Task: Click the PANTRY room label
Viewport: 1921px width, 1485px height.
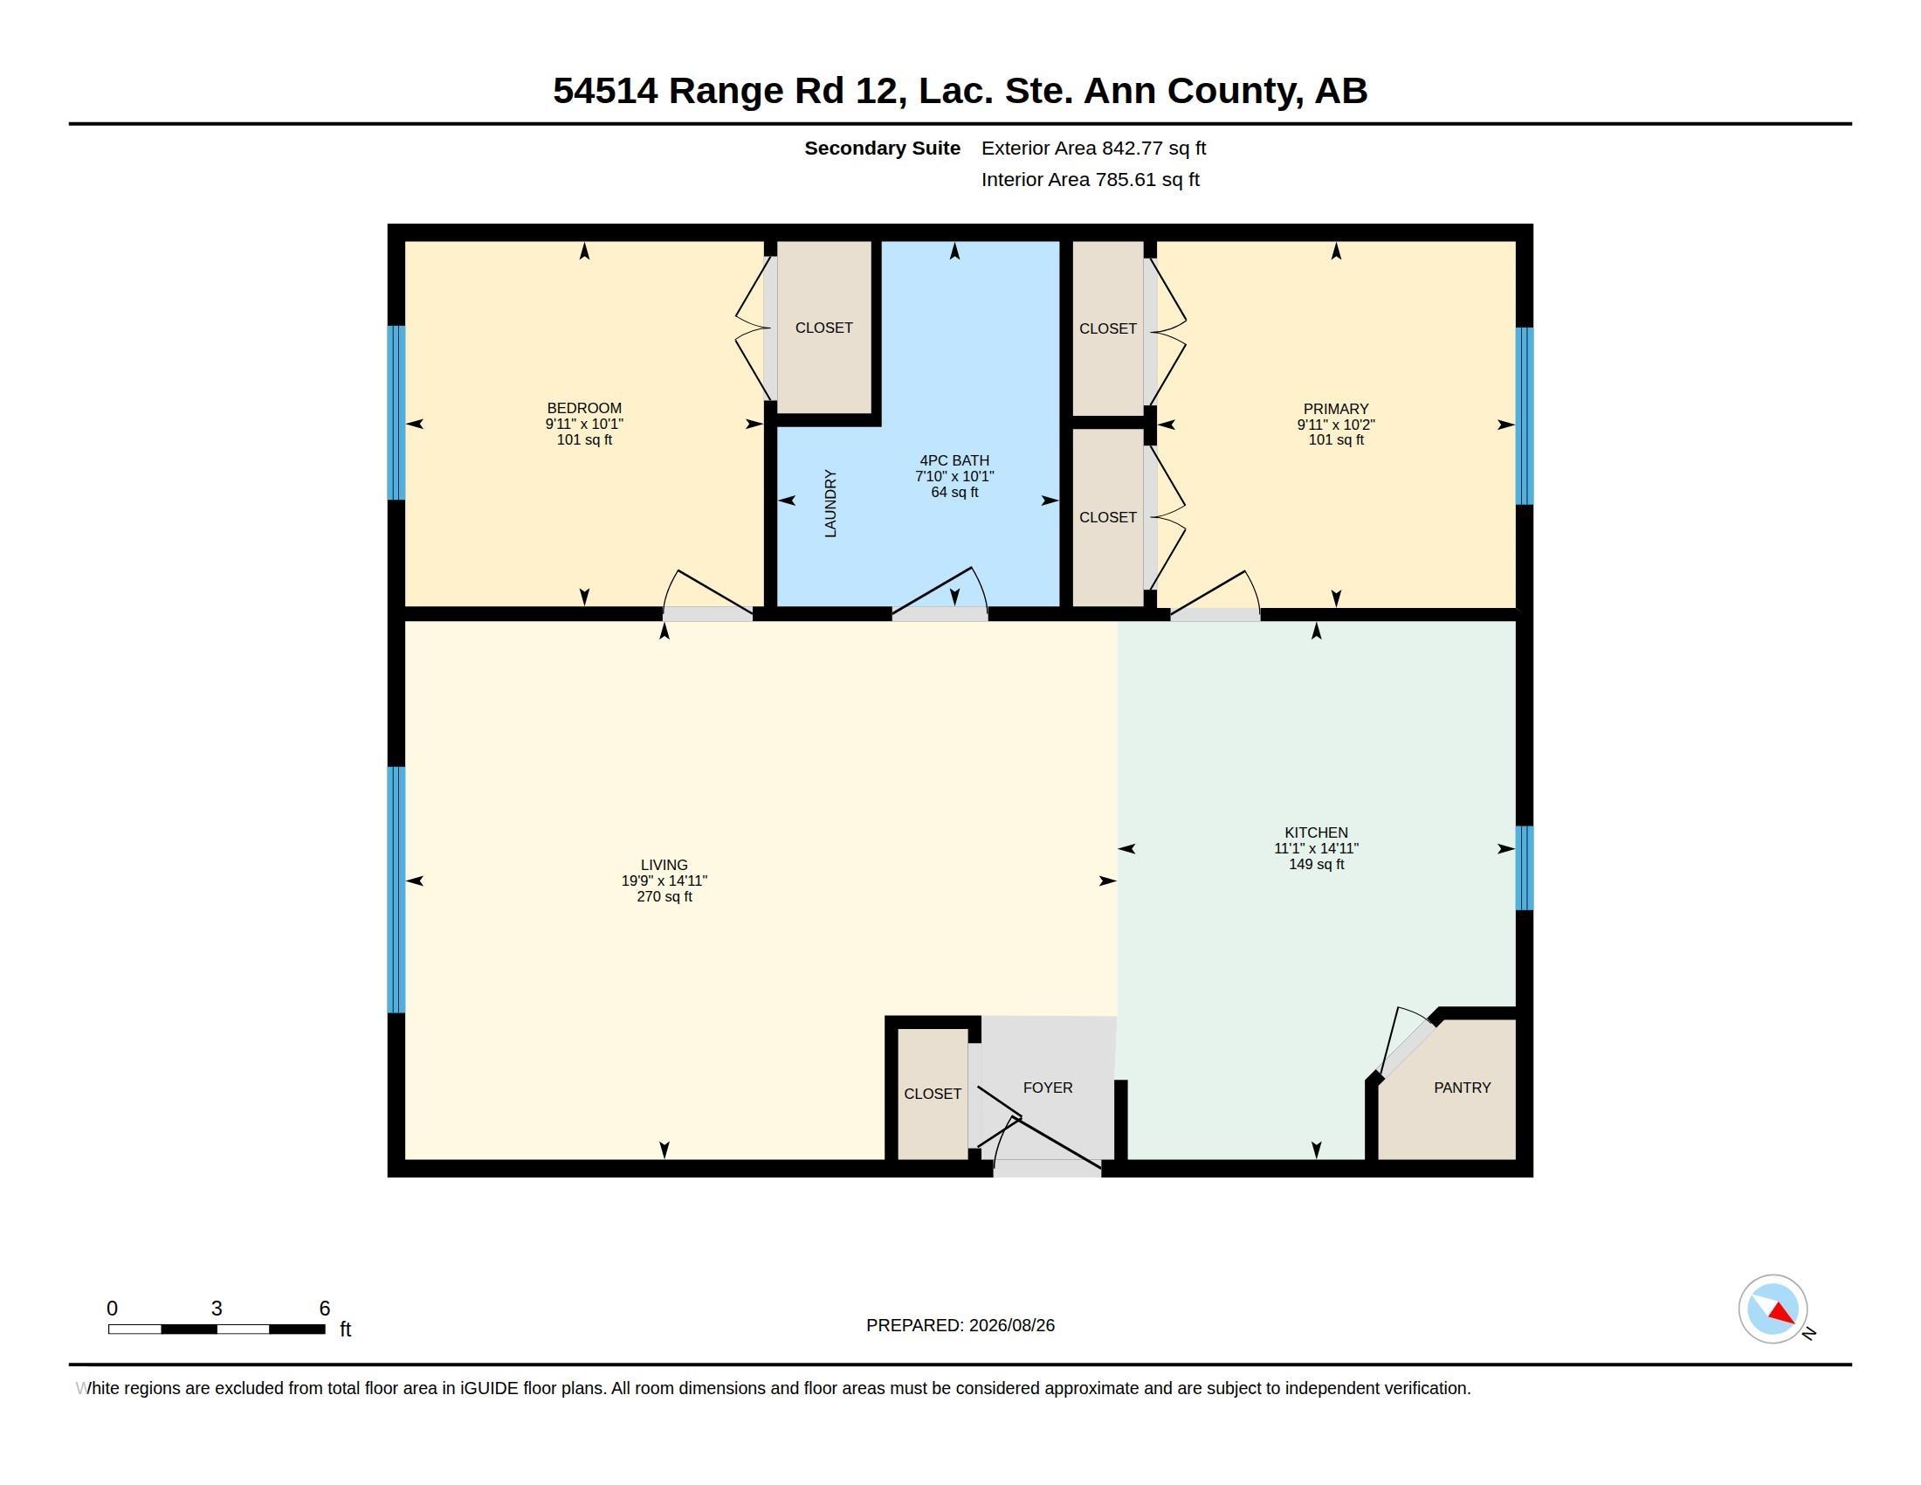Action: point(1462,1088)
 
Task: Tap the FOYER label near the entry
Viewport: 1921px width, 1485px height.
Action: point(1048,1088)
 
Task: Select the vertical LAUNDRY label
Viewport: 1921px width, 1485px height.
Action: point(830,503)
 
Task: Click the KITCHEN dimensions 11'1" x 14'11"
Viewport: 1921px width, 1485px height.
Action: point(1316,848)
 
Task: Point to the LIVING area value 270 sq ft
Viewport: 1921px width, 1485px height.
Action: point(664,896)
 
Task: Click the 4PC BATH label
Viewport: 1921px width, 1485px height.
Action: point(954,460)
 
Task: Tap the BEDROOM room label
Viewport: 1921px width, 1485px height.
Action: point(584,408)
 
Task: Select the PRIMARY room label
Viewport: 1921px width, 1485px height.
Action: point(1336,409)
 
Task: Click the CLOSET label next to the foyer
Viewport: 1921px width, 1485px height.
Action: point(933,1094)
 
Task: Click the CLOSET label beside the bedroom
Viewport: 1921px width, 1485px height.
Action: point(824,328)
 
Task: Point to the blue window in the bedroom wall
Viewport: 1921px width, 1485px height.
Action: point(396,412)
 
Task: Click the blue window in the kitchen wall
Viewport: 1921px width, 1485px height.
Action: point(1525,867)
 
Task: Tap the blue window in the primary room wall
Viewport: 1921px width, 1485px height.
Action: point(1525,416)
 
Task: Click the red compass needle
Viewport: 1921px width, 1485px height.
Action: point(1782,1314)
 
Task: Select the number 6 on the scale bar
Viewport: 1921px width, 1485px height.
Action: point(325,1309)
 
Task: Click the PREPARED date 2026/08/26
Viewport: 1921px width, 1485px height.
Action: point(1011,1325)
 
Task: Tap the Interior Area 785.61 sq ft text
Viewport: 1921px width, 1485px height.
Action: point(1090,179)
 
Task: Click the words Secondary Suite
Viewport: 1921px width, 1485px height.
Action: point(882,148)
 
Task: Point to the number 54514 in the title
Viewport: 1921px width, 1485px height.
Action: point(605,91)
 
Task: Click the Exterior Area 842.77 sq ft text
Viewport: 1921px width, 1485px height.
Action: point(1093,148)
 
